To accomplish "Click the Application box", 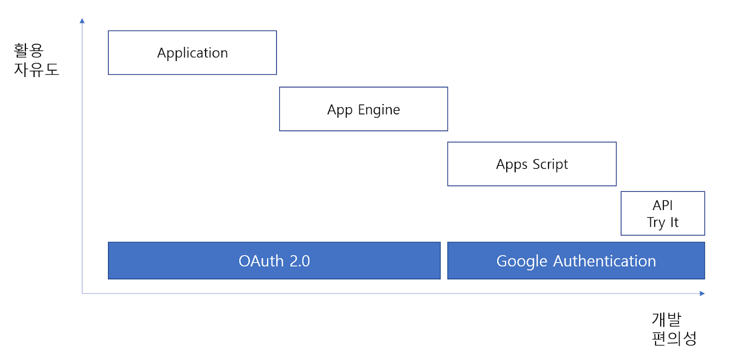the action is (192, 53).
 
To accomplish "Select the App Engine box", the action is (364, 109).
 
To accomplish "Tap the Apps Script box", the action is (532, 164).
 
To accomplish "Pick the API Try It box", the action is (662, 214).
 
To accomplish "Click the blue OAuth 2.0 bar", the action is (274, 261).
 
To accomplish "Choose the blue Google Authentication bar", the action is (576, 261).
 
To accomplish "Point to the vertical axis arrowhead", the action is (82, 21).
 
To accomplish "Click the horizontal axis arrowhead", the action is (702, 293).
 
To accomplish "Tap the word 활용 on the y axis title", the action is (29, 51).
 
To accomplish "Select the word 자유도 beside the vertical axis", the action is (36, 69).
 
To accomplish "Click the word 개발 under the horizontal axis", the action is (667, 319).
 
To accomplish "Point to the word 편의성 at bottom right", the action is (674, 338).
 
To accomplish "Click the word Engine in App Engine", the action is (379, 110).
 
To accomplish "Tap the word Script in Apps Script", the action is (550, 165).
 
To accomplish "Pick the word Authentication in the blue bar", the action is (605, 261).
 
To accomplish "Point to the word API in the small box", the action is (662, 206).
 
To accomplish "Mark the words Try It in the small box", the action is (662, 223).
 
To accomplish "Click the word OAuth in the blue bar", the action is (261, 261).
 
